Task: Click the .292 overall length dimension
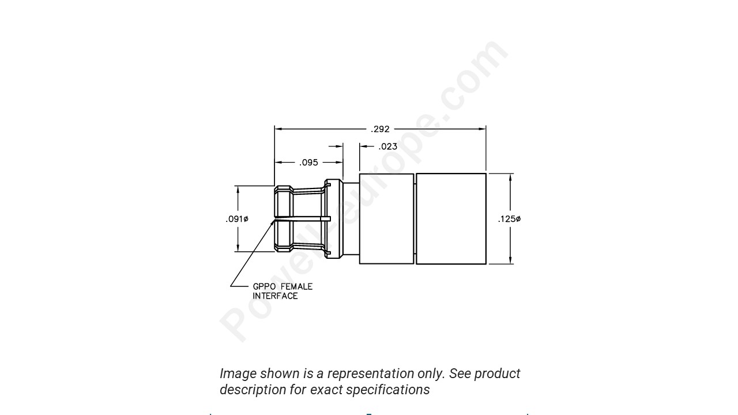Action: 380,129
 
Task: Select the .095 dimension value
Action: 308,163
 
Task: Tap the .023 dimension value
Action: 388,146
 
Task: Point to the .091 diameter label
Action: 237,219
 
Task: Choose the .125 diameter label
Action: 509,219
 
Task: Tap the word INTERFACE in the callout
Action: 275,296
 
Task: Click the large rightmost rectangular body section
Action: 451,219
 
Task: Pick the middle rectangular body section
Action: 386,219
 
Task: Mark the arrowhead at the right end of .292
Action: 482,129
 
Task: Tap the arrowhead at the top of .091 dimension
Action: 237,190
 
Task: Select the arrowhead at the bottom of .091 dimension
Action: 237,248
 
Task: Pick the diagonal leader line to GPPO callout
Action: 252,254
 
